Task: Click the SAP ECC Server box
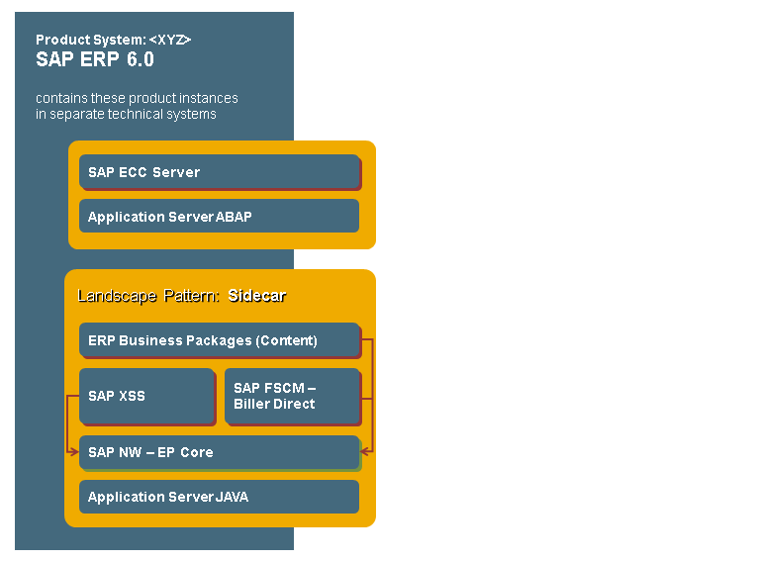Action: coord(220,172)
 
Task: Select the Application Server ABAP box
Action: coord(219,216)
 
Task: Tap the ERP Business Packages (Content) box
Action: coord(219,340)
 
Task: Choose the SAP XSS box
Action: coord(146,396)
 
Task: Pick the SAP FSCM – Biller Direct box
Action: coord(292,396)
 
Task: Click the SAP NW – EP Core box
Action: coord(219,452)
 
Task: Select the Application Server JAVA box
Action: coord(219,497)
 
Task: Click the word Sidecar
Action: coord(256,296)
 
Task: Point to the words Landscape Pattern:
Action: coord(148,296)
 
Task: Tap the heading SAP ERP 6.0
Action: coord(95,59)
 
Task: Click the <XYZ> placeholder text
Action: coord(170,40)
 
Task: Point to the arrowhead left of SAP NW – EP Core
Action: coord(74,452)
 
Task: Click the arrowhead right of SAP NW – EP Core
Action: coord(364,452)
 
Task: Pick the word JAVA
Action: coord(232,497)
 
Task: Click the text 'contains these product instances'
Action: coord(137,98)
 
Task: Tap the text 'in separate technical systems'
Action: coord(126,114)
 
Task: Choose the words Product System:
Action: coord(91,40)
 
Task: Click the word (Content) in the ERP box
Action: coord(287,340)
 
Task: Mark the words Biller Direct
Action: coord(274,404)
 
